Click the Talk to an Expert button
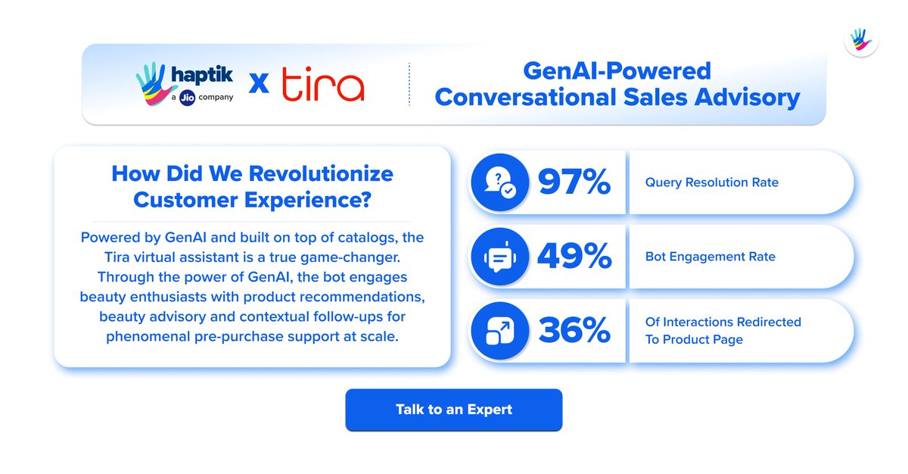pyautogui.click(x=453, y=410)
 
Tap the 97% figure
pyautogui.click(x=574, y=182)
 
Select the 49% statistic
pyautogui.click(x=574, y=257)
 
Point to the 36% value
pyautogui.click(x=574, y=331)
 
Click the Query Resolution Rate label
pyautogui.click(x=711, y=182)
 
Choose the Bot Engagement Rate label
pyautogui.click(x=710, y=257)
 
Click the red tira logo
pyautogui.click(x=322, y=85)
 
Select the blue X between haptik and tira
pyautogui.click(x=259, y=85)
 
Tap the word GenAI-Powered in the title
pyautogui.click(x=617, y=71)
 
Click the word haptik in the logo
pyautogui.click(x=201, y=76)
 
